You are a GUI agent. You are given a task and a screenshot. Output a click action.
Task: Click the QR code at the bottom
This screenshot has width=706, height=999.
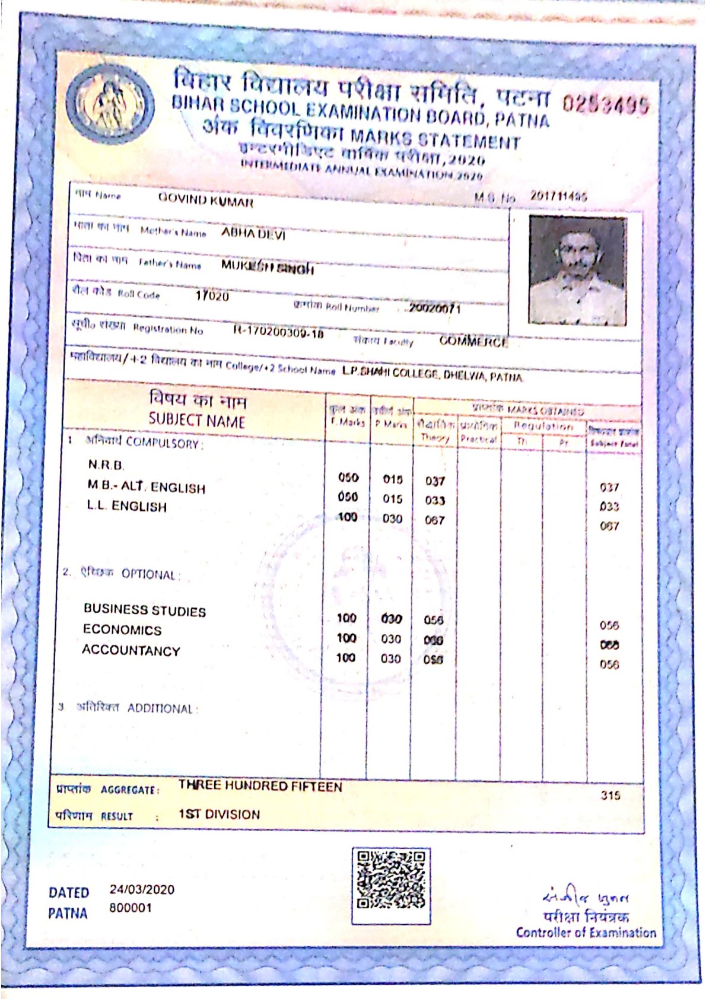point(390,886)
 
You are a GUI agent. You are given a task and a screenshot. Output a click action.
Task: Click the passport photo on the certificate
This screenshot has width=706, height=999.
point(577,270)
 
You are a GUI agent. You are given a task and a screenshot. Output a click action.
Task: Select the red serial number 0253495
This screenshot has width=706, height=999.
point(605,105)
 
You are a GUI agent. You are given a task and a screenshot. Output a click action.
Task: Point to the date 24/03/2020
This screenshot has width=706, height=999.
point(142,889)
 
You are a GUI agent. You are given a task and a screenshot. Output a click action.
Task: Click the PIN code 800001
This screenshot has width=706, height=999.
point(130,908)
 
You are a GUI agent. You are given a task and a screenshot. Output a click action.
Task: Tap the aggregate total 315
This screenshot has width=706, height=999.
point(610,795)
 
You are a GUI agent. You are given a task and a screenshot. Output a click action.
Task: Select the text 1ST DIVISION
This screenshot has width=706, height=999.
point(219,815)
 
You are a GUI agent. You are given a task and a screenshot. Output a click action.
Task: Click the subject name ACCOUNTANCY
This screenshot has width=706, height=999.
point(131,650)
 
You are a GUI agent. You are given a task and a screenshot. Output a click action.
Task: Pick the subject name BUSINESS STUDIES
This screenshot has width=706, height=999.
point(144,610)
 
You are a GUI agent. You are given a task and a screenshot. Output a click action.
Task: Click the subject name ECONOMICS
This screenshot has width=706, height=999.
point(122,629)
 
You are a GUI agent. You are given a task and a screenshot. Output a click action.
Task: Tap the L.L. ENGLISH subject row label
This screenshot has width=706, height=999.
point(126,506)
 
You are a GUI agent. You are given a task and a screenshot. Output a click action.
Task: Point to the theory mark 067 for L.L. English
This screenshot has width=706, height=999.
point(434,520)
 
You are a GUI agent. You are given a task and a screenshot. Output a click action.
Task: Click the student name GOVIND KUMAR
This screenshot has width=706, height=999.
point(205,200)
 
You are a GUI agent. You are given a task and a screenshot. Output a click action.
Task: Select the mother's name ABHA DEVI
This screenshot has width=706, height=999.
point(253,233)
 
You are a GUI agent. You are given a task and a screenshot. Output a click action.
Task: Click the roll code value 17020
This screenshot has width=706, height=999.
point(212,295)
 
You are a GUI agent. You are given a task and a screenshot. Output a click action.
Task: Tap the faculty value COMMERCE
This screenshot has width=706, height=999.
point(473,342)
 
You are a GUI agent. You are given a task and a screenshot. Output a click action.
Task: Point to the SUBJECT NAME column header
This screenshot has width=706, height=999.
point(196,421)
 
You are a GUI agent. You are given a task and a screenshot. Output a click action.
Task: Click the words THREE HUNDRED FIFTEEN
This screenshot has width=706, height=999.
point(260,787)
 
